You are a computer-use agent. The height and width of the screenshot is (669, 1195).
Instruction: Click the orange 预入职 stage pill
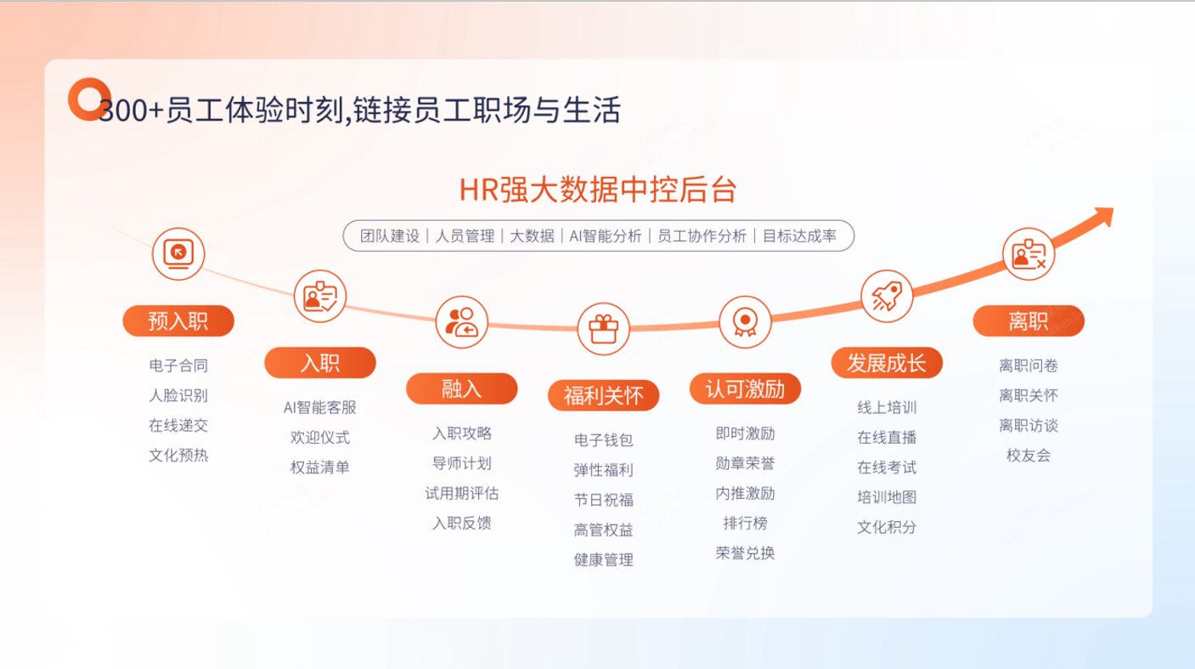pyautogui.click(x=178, y=320)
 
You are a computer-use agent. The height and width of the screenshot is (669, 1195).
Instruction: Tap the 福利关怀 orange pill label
pyautogui.click(x=603, y=395)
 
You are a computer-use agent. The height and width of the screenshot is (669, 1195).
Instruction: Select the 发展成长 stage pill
pyautogui.click(x=887, y=363)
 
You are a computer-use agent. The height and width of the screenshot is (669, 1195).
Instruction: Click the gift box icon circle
pyautogui.click(x=603, y=329)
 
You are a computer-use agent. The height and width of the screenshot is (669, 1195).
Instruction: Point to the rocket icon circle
pyautogui.click(x=887, y=297)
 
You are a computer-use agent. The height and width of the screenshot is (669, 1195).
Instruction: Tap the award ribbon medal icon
pyautogui.click(x=745, y=322)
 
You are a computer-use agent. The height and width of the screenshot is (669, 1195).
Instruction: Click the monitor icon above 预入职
pyautogui.click(x=178, y=254)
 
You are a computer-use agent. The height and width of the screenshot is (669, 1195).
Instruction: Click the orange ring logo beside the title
pyautogui.click(x=89, y=99)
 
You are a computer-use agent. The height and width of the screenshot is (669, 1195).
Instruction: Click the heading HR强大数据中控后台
pyautogui.click(x=598, y=190)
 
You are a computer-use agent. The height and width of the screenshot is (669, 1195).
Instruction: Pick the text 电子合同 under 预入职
pyautogui.click(x=178, y=366)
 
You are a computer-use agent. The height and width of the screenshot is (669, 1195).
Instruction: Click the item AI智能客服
pyautogui.click(x=319, y=408)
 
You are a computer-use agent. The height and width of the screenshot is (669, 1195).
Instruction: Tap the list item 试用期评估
pyautogui.click(x=461, y=493)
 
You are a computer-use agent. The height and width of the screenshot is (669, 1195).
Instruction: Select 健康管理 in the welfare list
pyautogui.click(x=603, y=560)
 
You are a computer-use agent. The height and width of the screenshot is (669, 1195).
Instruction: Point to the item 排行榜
pyautogui.click(x=745, y=524)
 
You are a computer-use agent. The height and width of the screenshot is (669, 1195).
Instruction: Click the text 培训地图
pyautogui.click(x=887, y=497)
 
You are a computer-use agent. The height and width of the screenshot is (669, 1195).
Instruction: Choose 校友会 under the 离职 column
pyautogui.click(x=1029, y=456)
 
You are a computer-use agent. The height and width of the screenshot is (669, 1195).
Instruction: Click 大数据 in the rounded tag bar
pyautogui.click(x=532, y=236)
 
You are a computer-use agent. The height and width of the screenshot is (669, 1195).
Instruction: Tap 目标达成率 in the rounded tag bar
pyautogui.click(x=799, y=236)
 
